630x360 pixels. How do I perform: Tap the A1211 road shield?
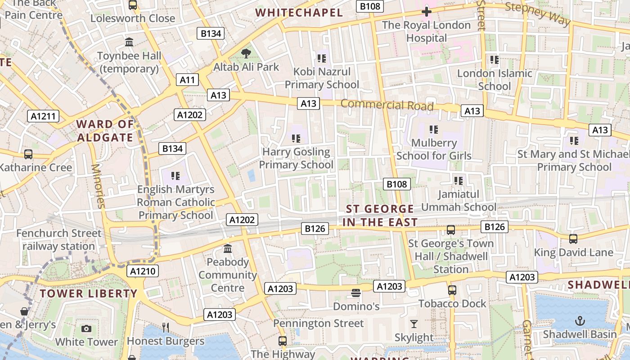coord(43,116)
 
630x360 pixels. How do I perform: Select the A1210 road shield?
coord(143,271)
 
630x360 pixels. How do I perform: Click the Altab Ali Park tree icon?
coord(246,54)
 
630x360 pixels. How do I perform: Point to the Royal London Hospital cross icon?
coord(426,12)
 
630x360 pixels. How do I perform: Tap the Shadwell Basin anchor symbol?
coord(580,321)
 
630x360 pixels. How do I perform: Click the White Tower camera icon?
coord(86,329)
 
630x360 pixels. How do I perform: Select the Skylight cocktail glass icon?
coord(414,324)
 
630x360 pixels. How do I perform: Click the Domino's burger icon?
coord(356,293)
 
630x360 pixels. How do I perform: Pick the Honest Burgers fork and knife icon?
coord(166,328)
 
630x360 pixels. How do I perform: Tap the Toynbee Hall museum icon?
coord(129,42)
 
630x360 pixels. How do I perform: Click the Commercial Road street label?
coord(387,105)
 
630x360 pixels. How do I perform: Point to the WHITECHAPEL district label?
coord(299,13)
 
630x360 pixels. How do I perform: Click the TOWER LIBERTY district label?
coord(88,294)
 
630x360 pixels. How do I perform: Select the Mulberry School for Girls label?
coord(434,149)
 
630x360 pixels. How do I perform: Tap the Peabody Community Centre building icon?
coord(228,248)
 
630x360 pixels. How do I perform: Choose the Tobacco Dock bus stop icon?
coord(452,290)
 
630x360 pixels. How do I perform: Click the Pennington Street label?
coord(319,324)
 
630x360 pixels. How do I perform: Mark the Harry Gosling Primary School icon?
coord(296,139)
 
